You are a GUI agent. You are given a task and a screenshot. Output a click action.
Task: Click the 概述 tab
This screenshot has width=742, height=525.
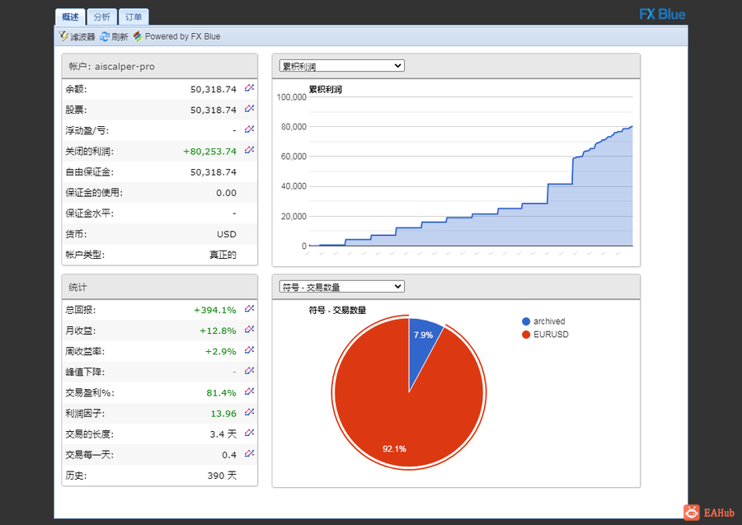point(70,17)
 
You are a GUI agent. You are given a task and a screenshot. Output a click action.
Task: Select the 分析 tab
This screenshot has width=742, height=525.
point(101,17)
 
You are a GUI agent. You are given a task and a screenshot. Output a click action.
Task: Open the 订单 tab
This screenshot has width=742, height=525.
point(134,17)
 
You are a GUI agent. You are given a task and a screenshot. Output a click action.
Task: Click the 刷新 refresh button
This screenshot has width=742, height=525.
point(114,36)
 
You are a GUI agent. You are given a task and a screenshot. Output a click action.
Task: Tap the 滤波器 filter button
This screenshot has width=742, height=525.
point(77,36)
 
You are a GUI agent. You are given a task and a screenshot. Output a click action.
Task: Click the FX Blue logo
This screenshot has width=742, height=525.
point(662,14)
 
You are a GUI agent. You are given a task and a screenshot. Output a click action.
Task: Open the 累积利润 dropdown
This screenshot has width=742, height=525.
point(341,66)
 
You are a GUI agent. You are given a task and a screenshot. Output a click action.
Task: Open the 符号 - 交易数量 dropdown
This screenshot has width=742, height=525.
point(341,286)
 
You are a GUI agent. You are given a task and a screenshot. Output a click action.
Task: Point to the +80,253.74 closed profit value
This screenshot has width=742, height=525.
point(209,152)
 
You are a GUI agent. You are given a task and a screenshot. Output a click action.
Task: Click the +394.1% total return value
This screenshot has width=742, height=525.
point(215,310)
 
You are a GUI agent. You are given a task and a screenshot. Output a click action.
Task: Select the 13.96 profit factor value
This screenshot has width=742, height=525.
point(223,414)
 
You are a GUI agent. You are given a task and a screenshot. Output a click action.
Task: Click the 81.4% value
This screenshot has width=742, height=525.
point(221,392)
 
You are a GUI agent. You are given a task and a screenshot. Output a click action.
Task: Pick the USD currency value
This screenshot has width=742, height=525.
point(226,234)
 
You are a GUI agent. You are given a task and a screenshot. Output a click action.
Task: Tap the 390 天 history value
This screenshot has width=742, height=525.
point(222,476)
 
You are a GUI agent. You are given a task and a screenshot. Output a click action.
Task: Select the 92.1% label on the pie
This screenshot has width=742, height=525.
point(394,448)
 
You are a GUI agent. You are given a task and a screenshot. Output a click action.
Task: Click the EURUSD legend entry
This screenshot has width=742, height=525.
point(545,335)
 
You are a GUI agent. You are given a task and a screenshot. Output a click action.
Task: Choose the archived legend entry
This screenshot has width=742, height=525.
point(543,321)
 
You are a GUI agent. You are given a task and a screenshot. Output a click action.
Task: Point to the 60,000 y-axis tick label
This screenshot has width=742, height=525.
point(294,157)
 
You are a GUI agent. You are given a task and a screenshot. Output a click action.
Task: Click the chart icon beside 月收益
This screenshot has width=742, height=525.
point(249,330)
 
